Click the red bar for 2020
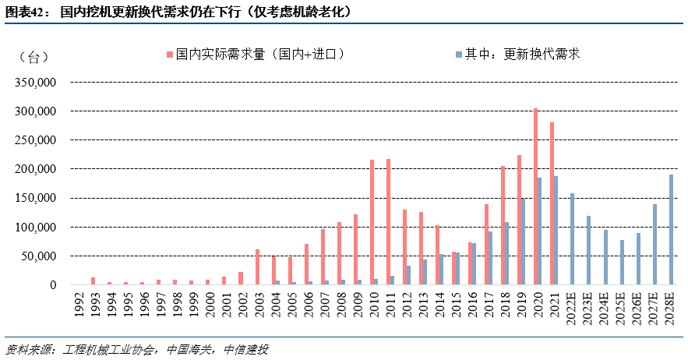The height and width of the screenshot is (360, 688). tap(535, 196)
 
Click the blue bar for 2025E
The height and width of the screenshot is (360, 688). tap(622, 262)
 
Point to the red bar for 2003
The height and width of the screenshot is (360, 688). tap(257, 267)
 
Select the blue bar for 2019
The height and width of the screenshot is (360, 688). tap(523, 242)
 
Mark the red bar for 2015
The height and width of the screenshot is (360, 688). tap(453, 268)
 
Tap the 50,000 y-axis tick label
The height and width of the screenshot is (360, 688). tap(40, 256)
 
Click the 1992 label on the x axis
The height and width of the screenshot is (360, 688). tap(77, 305)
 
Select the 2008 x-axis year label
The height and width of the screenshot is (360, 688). tap(340, 305)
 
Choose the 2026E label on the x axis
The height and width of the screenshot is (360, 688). tap(638, 309)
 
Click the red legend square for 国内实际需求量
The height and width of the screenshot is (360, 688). tap(169, 55)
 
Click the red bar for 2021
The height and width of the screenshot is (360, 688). tap(552, 203)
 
